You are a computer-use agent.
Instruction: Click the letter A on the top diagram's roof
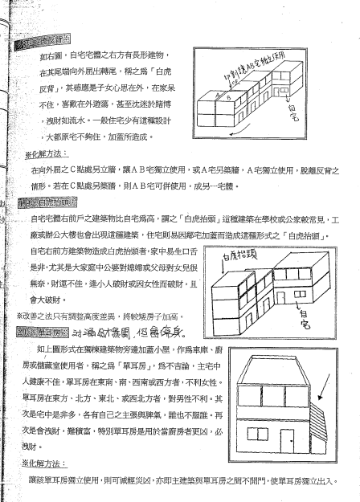(216, 96)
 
